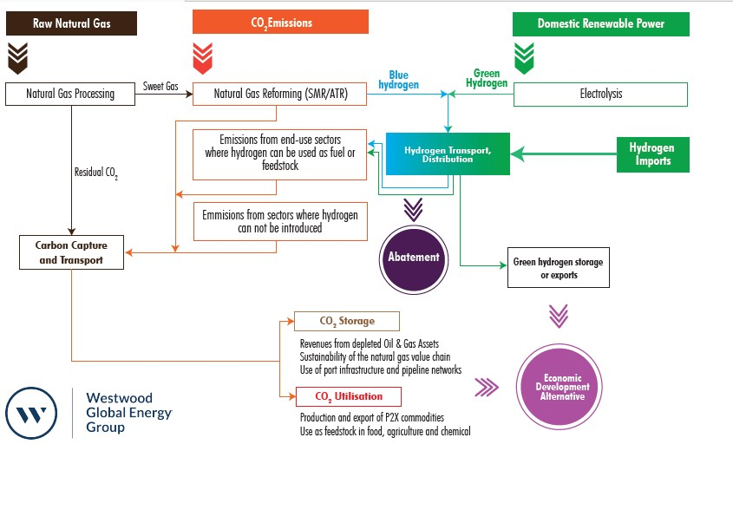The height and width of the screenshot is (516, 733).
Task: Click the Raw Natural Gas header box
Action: tap(72, 23)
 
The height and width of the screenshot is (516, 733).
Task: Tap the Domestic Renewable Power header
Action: tap(600, 23)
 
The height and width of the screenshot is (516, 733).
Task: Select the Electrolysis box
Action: tap(600, 94)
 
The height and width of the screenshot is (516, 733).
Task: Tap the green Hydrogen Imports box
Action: tap(651, 154)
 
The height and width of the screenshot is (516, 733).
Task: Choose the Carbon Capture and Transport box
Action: tap(72, 251)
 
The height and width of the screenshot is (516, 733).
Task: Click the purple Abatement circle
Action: tap(413, 257)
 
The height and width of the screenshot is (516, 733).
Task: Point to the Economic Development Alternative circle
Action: tap(560, 386)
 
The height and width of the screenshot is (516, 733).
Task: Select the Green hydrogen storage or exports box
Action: tap(558, 269)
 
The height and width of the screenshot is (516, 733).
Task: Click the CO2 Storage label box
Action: tap(347, 321)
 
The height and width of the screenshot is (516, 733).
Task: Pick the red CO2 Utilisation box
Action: tap(349, 396)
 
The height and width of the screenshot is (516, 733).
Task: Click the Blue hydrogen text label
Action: tap(398, 80)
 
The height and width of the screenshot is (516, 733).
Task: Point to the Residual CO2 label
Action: tap(95, 173)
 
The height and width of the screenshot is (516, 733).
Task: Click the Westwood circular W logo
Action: tap(33, 414)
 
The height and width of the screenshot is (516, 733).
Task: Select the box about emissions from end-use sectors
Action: tap(279, 154)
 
